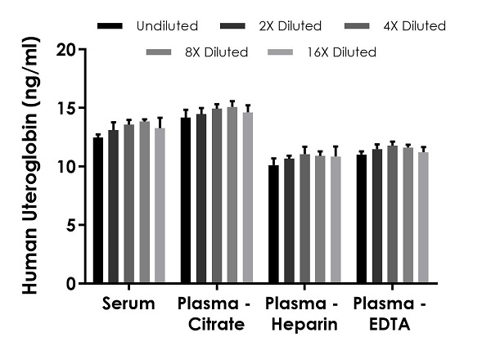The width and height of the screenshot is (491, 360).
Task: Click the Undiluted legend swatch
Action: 111,26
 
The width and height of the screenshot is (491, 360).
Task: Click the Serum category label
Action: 128,305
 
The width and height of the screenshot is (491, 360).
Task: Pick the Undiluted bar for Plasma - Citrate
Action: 186,200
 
